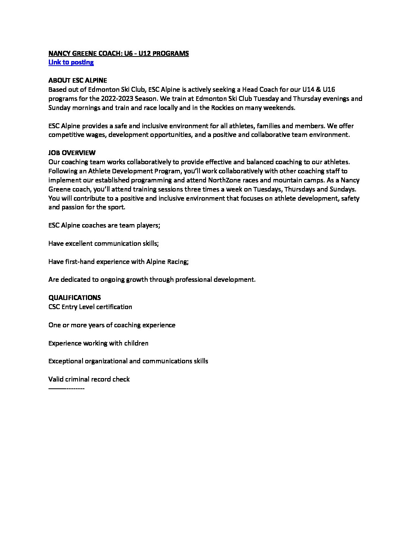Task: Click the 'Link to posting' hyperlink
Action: pyautogui.click(x=71, y=62)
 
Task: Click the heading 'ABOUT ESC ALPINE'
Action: pyautogui.click(x=78, y=80)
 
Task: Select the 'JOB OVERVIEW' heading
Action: pyautogui.click(x=72, y=153)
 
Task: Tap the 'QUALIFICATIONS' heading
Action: pyautogui.click(x=75, y=298)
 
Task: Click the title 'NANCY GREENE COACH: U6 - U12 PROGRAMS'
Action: pyautogui.click(x=119, y=53)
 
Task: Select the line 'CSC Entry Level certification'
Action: pyautogui.click(x=90, y=307)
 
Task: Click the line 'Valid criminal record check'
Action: pyautogui.click(x=89, y=379)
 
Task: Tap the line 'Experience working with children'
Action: pyautogui.click(x=98, y=343)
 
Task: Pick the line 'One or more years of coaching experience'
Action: pyautogui.click(x=112, y=325)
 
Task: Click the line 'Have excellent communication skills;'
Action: pyautogui.click(x=103, y=243)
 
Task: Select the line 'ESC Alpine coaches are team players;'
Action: pyautogui.click(x=104, y=225)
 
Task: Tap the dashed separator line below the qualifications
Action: pyautogui.click(x=66, y=388)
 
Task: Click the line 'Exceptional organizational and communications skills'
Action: pyautogui.click(x=128, y=361)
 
